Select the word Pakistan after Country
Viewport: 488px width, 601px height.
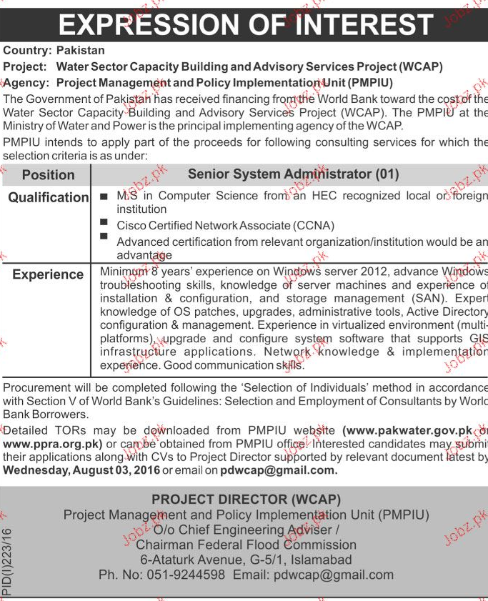point(80,51)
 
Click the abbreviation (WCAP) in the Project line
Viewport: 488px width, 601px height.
point(421,66)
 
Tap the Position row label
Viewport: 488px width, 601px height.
point(48,175)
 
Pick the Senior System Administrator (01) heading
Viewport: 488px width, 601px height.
point(293,174)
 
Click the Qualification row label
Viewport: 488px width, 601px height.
point(48,197)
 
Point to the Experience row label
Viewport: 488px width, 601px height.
point(48,274)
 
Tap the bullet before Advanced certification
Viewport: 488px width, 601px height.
point(104,236)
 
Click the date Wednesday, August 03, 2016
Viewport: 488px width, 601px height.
point(81,470)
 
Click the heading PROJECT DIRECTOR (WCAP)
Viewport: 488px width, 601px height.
point(246,500)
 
